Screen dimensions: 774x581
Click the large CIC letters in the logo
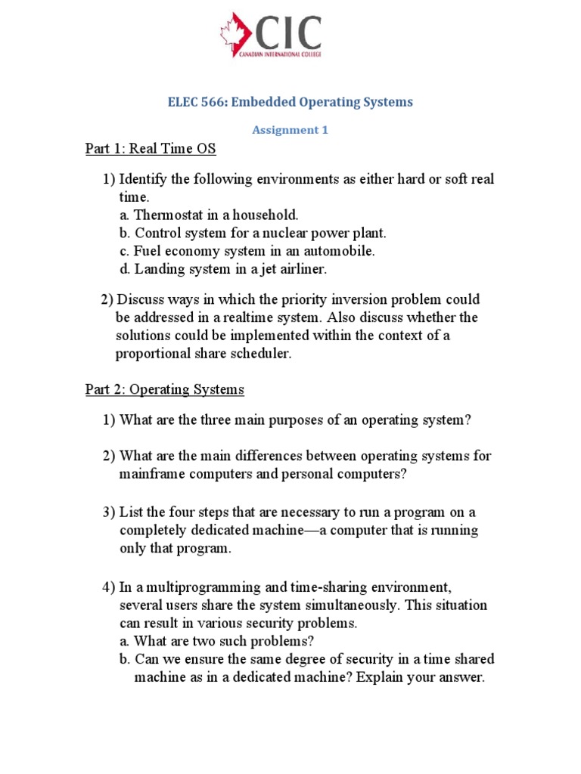[x=290, y=33]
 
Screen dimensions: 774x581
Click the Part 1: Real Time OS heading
[x=151, y=149]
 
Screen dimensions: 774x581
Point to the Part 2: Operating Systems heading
[x=165, y=389]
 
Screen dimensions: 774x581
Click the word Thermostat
[x=170, y=215]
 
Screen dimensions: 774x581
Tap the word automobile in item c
[x=340, y=251]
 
